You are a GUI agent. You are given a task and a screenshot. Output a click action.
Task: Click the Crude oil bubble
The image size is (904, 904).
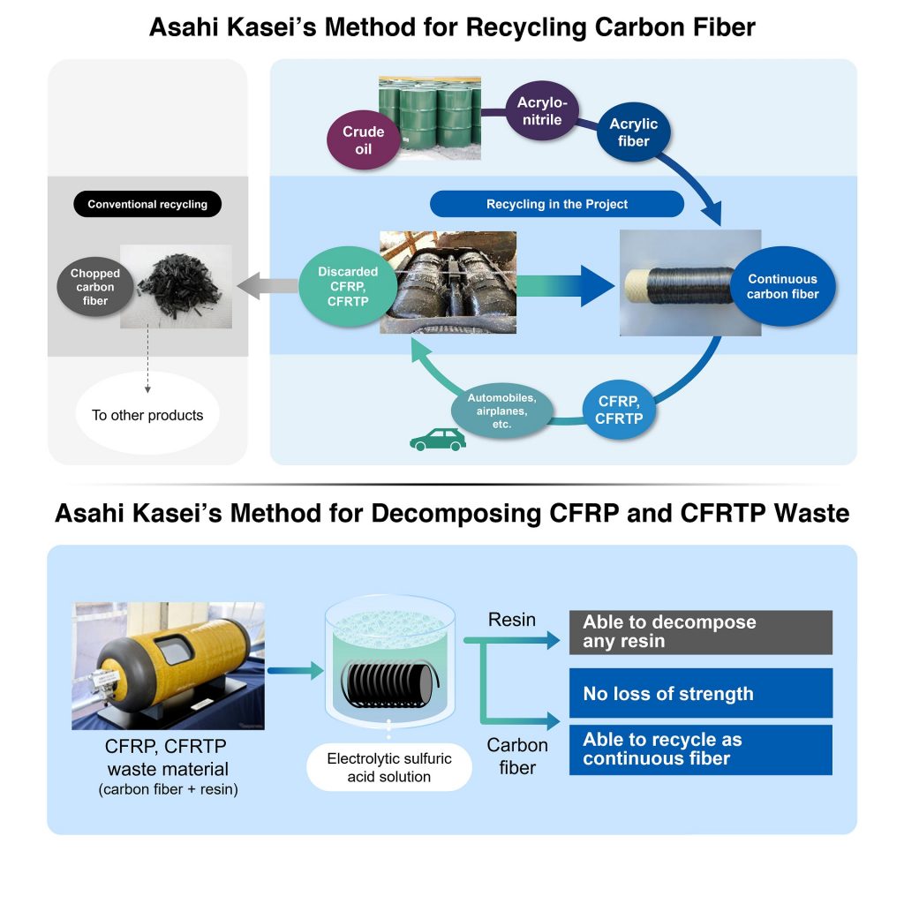click(x=363, y=140)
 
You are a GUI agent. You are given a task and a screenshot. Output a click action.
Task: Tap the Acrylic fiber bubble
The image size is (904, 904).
click(x=633, y=133)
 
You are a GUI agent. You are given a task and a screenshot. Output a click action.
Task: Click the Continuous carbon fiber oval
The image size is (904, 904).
click(x=782, y=286)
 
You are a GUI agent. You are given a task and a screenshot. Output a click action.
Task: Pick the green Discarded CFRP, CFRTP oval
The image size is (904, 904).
click(x=347, y=286)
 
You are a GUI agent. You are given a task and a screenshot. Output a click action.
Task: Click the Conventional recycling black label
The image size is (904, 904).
click(x=147, y=204)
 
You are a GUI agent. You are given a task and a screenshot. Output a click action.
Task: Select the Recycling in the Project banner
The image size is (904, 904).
click(x=557, y=204)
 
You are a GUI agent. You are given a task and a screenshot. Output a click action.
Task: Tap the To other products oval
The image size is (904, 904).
click(x=147, y=415)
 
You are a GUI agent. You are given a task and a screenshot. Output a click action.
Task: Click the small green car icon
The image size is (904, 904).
click(x=438, y=440)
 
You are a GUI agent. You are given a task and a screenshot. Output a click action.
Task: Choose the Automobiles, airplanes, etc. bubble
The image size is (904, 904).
click(x=501, y=411)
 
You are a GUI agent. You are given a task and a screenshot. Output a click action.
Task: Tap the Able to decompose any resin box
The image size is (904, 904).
click(x=700, y=632)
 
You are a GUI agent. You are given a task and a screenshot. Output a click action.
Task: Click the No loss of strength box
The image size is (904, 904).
click(x=700, y=693)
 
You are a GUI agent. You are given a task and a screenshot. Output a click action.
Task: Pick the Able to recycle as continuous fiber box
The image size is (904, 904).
click(x=700, y=750)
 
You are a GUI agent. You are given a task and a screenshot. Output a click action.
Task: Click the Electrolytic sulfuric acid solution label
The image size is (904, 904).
click(x=388, y=768)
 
